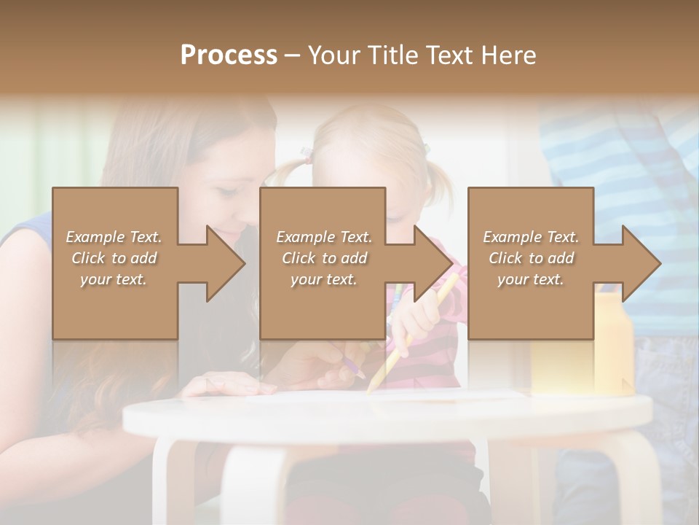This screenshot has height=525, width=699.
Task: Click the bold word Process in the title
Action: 229,55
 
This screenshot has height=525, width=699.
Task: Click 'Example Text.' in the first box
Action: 114,237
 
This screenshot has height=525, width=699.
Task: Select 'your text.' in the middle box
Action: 323,279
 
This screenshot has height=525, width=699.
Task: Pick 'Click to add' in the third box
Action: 531,258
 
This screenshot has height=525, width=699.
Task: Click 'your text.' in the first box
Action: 114,279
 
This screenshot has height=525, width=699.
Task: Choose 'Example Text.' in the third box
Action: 531,237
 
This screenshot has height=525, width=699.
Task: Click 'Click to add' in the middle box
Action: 323,258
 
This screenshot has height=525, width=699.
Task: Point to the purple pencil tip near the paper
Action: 361,373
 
